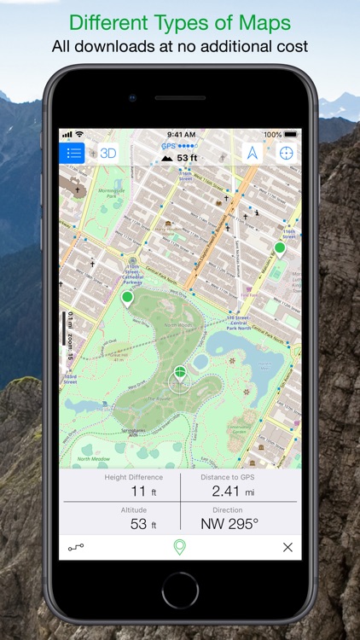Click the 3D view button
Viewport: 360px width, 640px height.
click(107, 154)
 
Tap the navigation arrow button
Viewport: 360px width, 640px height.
click(253, 154)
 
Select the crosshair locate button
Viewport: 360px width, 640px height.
click(287, 154)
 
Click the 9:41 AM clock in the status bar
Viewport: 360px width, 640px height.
click(181, 135)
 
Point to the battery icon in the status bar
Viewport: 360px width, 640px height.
click(292, 135)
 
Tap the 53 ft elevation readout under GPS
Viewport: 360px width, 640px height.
click(181, 158)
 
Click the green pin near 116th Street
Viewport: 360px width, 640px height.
click(280, 249)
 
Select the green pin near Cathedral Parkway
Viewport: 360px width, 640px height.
click(128, 298)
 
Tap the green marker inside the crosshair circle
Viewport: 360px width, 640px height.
click(180, 373)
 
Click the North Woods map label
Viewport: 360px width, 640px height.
click(177, 324)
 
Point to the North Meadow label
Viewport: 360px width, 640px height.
click(93, 459)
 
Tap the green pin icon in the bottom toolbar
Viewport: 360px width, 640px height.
click(179, 547)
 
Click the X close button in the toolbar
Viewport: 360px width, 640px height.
click(287, 547)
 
